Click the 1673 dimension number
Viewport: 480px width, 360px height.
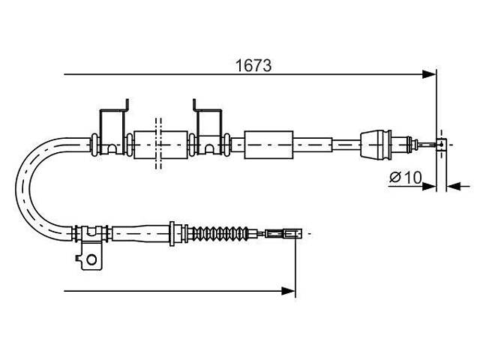click(253, 65)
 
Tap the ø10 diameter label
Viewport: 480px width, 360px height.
click(406, 177)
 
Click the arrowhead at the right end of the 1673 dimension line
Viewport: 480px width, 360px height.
click(428, 74)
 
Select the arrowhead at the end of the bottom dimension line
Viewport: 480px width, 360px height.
click(288, 291)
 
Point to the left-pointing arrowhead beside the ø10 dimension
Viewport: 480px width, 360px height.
click(454, 186)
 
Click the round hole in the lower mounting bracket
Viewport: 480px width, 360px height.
click(91, 259)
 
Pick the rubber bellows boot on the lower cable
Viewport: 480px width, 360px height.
click(220, 233)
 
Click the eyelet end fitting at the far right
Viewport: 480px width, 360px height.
click(441, 144)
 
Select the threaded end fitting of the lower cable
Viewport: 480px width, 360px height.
click(283, 234)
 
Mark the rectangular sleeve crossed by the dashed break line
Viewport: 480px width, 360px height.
click(160, 145)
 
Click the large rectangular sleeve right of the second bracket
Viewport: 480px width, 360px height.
click(268, 145)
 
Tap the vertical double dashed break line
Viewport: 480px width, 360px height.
click(158, 143)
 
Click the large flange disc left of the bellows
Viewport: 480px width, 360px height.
click(172, 234)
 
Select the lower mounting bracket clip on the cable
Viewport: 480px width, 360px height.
click(90, 247)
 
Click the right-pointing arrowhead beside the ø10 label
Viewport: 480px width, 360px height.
click(429, 186)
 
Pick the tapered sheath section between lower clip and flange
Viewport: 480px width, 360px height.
click(141, 234)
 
